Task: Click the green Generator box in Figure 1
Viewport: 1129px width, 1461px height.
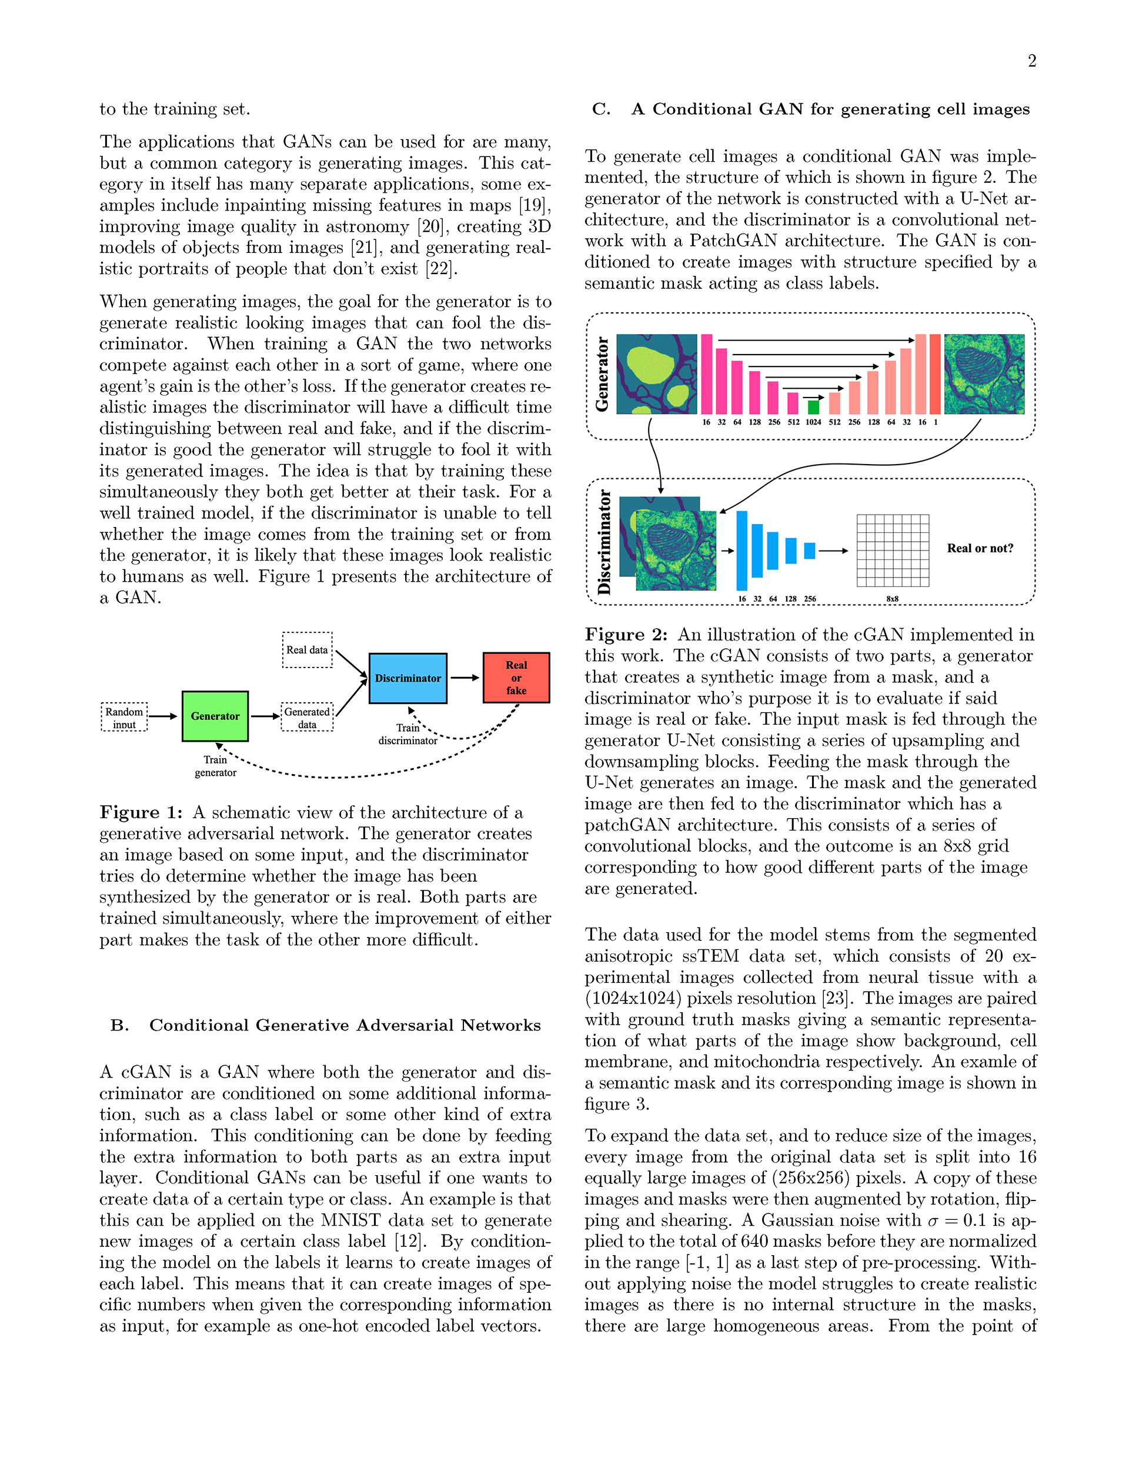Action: (x=215, y=716)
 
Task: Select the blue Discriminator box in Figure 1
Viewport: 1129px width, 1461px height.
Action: (x=407, y=678)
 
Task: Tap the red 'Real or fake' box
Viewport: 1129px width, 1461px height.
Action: (x=516, y=678)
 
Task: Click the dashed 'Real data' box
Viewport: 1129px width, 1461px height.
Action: (x=307, y=649)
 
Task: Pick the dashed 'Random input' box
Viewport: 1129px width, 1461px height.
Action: (x=125, y=717)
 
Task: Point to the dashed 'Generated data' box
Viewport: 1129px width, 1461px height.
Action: (x=307, y=717)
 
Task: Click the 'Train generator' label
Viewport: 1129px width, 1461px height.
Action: (x=215, y=766)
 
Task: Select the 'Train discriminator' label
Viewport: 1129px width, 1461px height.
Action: (x=407, y=734)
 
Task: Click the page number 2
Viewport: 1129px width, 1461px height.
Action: (x=1032, y=61)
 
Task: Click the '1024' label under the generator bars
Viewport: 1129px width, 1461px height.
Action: (x=813, y=422)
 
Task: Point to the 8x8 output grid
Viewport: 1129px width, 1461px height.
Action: (x=892, y=550)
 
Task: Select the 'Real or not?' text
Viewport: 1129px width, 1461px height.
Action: (x=980, y=549)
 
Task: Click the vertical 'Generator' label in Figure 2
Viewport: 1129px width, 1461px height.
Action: (x=602, y=374)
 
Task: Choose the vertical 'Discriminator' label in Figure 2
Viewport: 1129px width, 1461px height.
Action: (x=604, y=542)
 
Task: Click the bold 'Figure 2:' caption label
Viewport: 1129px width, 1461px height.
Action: (x=626, y=635)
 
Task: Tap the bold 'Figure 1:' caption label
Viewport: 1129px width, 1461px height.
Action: (x=141, y=813)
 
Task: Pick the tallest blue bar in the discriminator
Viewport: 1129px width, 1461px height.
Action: (x=741, y=551)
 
